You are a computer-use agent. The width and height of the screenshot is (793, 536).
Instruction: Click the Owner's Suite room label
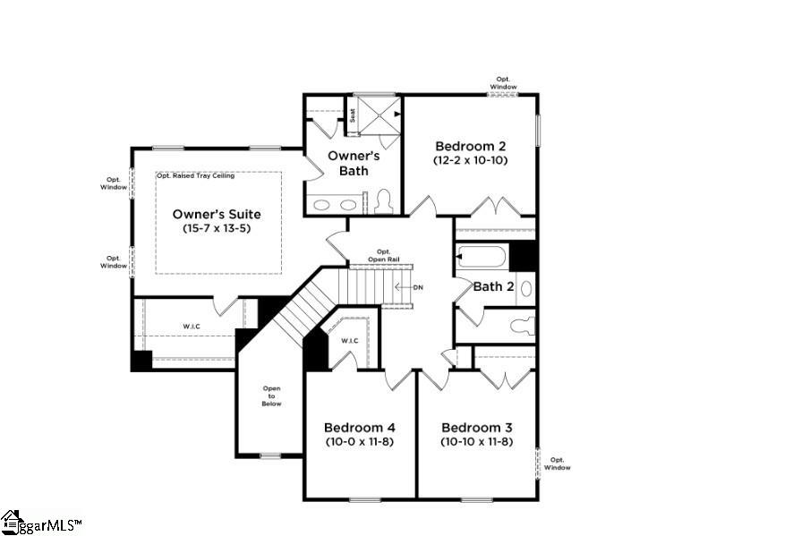tap(217, 215)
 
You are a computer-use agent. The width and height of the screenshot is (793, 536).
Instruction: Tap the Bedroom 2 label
tap(471, 146)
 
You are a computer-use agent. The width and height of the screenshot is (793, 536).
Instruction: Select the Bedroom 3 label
tap(476, 427)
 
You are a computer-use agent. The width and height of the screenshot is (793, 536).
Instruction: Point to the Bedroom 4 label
tap(359, 427)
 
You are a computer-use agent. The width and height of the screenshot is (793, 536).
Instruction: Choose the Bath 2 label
tap(493, 286)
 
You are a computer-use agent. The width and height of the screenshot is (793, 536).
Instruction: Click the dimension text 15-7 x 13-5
tap(217, 230)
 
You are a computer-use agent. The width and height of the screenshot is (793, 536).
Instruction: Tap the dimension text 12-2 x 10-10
tap(471, 160)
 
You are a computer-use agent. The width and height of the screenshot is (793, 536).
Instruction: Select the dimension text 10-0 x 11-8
tap(359, 441)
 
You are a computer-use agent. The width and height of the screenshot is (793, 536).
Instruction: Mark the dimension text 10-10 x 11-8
tap(476, 441)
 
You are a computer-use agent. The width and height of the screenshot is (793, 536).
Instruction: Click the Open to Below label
tap(271, 396)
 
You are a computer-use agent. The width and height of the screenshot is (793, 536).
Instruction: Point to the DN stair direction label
tap(417, 287)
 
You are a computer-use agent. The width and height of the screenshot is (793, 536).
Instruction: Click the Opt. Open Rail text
tap(383, 255)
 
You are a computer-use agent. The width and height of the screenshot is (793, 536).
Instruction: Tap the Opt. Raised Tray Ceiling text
tap(195, 175)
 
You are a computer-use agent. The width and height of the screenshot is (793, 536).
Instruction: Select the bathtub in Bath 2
tap(482, 257)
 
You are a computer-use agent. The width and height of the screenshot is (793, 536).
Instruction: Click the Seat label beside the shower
tap(353, 115)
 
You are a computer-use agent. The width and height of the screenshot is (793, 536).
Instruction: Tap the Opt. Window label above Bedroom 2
tap(504, 83)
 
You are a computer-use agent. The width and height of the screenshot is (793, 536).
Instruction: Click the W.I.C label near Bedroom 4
tap(350, 340)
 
